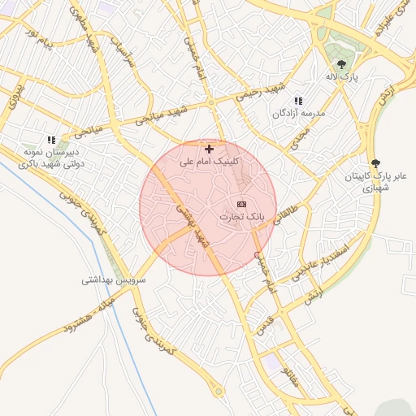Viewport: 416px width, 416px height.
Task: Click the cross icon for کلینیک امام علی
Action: tap(210, 149)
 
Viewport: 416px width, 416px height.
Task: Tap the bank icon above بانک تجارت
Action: tap(241, 204)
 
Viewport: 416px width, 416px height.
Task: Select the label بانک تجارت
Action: tap(242, 218)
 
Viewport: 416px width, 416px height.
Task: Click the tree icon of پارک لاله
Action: tap(341, 64)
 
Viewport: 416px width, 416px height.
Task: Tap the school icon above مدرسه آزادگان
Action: tap(298, 101)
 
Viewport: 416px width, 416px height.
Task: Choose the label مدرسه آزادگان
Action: tap(298, 114)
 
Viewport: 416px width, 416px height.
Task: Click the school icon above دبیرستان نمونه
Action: tap(52, 140)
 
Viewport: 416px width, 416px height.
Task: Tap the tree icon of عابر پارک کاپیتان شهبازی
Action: tap(375, 163)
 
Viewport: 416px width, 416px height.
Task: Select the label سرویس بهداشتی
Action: tap(113, 279)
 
